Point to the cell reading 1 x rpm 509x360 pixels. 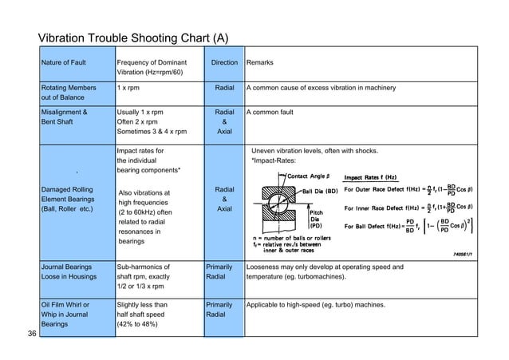pos(131,88)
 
